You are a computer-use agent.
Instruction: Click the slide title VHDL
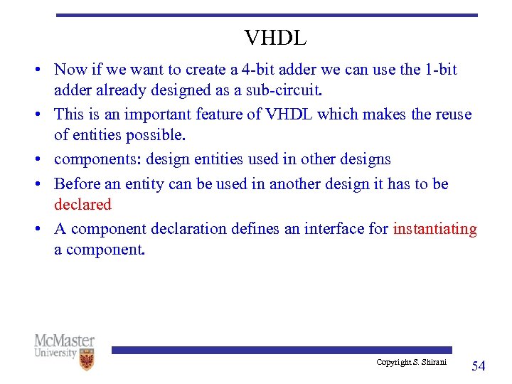click(x=275, y=38)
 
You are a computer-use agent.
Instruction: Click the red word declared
click(x=83, y=205)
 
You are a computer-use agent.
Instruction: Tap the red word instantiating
click(x=434, y=229)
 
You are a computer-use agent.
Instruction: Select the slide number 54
click(x=479, y=366)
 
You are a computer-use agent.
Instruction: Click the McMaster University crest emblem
click(x=87, y=359)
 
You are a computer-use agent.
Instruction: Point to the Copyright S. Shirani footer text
click(x=412, y=363)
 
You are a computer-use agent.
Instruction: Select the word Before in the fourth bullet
click(x=77, y=183)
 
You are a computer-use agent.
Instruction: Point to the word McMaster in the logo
click(x=64, y=341)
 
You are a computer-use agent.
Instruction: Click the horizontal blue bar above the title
click(x=267, y=15)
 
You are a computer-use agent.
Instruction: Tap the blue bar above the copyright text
click(x=282, y=350)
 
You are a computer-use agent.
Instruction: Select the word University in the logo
click(x=55, y=353)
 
